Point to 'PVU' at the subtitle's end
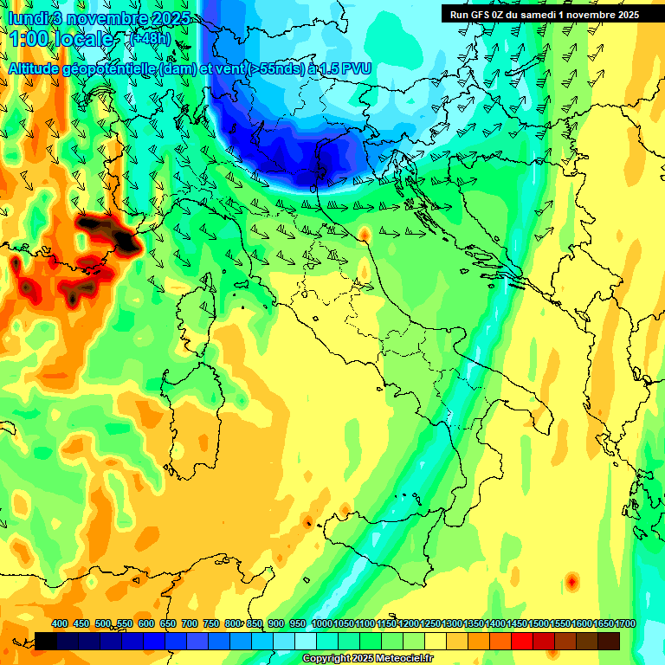pos(355,68)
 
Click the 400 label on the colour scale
pos(60,623)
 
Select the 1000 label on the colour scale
pos(322,623)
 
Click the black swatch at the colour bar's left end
pos(46,641)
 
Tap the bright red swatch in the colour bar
pos(522,641)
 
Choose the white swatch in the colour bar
pos(306,641)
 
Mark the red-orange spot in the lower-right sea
pos(571,581)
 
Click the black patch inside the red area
pos(108,231)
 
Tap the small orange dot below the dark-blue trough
pos(365,234)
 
